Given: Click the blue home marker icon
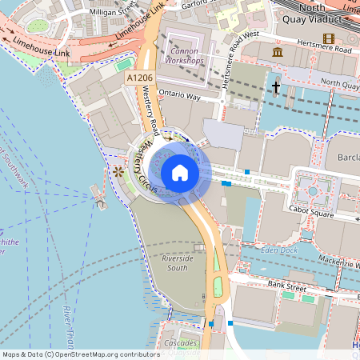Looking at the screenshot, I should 179,173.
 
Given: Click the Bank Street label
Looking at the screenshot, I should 287,285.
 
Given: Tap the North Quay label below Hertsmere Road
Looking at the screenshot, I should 338,82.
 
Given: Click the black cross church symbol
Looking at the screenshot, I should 276,86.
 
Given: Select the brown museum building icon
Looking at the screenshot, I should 278,52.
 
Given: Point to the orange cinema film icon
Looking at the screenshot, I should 328,38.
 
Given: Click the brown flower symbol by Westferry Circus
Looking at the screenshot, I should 118,171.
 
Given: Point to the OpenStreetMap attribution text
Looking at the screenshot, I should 81,354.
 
